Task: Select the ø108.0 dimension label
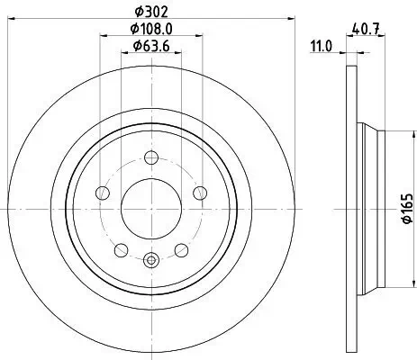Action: click(x=150, y=29)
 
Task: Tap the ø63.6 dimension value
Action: click(x=150, y=45)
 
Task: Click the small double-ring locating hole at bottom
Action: click(x=150, y=262)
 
